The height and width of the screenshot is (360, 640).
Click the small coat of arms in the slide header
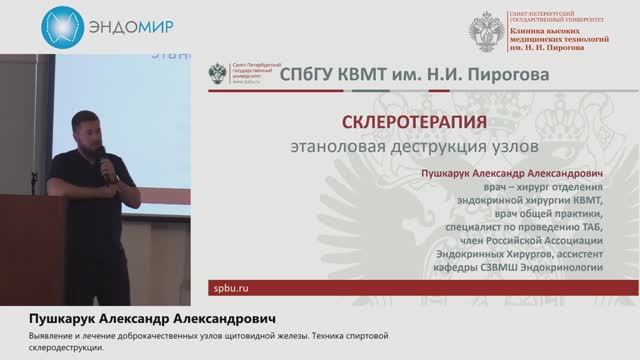pyautogui.click(x=216, y=74)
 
